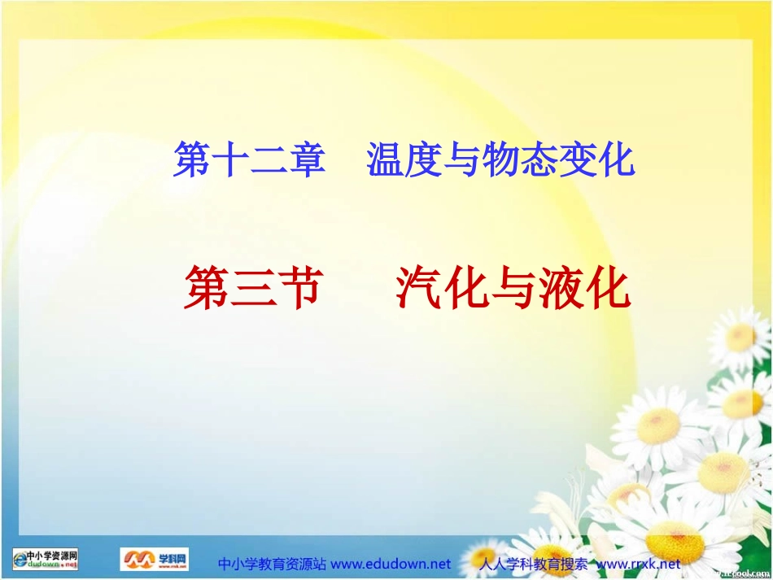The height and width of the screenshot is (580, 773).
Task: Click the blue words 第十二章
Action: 249,159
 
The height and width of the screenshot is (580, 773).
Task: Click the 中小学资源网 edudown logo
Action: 46,560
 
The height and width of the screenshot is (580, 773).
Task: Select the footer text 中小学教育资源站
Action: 273,564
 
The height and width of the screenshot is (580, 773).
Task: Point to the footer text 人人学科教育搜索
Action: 533,564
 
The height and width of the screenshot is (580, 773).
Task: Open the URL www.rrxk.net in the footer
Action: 639,564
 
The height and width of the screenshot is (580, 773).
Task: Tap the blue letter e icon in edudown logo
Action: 18,560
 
